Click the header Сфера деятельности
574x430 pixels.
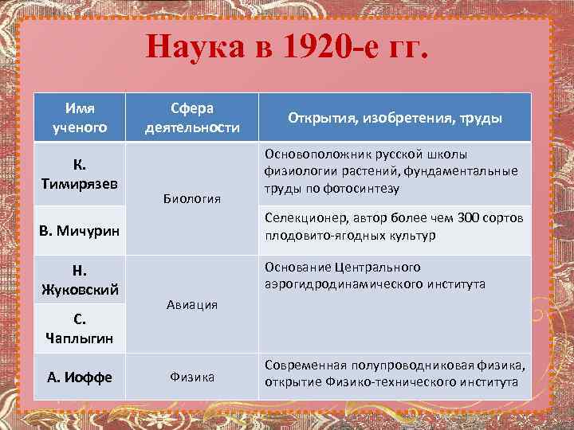click(191, 117)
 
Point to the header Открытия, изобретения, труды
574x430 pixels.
click(395, 118)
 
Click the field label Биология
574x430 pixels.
click(191, 197)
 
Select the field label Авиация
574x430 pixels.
click(191, 304)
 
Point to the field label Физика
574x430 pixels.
click(191, 377)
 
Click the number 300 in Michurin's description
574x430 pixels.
click(469, 218)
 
